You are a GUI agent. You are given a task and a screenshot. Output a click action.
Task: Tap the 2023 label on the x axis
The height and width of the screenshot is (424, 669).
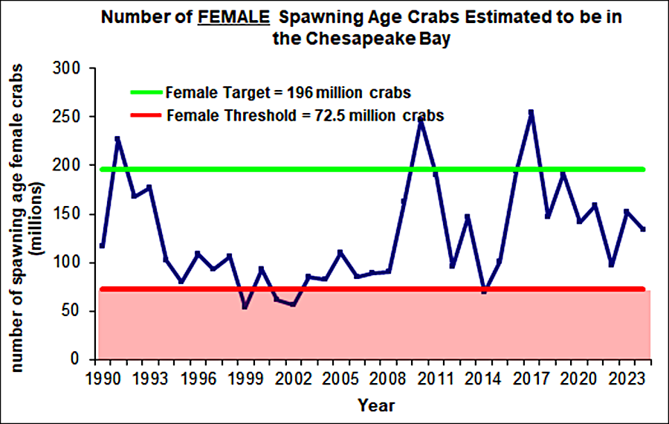[x=626, y=377]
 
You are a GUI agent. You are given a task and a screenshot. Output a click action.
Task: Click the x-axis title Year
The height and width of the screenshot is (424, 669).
[x=375, y=405]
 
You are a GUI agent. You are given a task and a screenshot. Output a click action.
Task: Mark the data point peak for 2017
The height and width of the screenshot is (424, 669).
[x=531, y=113]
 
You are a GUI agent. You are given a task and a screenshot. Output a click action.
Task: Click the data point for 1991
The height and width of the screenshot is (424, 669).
[x=117, y=139]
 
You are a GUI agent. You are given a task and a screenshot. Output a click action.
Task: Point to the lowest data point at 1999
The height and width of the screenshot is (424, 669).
[x=245, y=306]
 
